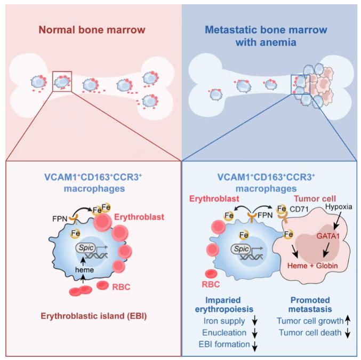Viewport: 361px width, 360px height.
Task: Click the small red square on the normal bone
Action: pyautogui.click(x=62, y=84)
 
